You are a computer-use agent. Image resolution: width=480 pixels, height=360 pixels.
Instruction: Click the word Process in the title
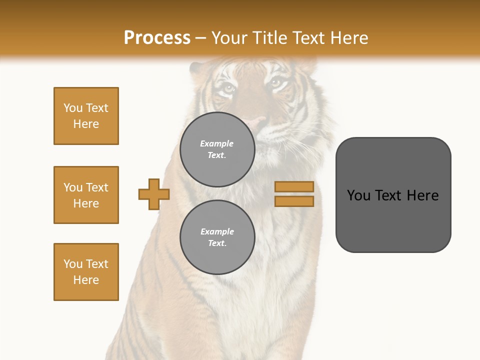point(157,38)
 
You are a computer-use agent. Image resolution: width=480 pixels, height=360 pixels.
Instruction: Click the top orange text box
point(86,116)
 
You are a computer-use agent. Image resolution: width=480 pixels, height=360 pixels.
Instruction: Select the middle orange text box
point(86,195)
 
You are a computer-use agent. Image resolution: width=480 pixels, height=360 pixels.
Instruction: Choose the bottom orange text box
point(86,272)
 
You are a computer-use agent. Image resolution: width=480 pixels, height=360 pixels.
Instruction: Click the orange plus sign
point(154,194)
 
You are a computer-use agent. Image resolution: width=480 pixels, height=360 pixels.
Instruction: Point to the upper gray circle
point(217,149)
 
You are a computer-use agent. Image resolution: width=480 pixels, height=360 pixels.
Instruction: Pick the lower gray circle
point(217,237)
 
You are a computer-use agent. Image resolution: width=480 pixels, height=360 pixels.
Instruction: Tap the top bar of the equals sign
point(294,186)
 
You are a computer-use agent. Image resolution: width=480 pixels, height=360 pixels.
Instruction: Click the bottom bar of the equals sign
point(294,201)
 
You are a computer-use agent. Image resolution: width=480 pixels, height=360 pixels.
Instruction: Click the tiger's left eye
point(227,89)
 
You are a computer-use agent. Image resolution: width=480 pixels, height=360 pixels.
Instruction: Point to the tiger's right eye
point(276,83)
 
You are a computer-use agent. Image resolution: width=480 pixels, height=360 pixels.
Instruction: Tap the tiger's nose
point(258,121)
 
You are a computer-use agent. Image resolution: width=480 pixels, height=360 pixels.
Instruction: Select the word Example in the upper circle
point(217,143)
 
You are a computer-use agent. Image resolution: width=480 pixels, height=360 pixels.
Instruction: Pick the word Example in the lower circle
point(217,231)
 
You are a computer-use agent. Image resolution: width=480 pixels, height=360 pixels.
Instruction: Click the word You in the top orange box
point(72,108)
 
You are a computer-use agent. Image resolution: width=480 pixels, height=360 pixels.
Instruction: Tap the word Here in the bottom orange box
point(86,280)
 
